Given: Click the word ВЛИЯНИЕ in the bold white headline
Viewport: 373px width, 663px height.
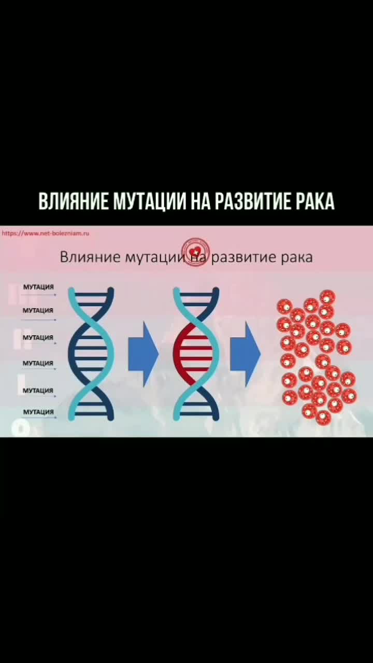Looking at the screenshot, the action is click(x=74, y=201).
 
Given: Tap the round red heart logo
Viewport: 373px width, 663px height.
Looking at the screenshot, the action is click(x=196, y=252).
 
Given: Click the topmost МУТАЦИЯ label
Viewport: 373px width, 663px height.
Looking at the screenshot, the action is click(x=38, y=287).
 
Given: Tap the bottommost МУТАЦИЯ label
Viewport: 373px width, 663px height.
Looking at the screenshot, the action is click(x=38, y=412).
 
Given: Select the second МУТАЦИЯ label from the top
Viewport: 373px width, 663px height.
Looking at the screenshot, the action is click(x=38, y=310).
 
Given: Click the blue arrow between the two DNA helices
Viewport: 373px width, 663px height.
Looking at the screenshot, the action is click(x=144, y=354).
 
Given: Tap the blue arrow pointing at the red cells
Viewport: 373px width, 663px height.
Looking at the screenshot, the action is click(x=246, y=354).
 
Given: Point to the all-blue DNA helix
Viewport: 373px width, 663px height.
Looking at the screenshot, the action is click(x=91, y=354).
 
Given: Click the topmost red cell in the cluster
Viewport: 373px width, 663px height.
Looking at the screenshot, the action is click(x=328, y=297).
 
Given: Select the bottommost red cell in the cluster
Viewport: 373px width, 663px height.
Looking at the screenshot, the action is click(x=323, y=417).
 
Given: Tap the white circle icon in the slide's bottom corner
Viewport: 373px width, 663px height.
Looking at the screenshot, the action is click(x=21, y=429).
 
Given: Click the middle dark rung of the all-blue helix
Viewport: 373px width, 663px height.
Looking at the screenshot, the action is click(x=91, y=353).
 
